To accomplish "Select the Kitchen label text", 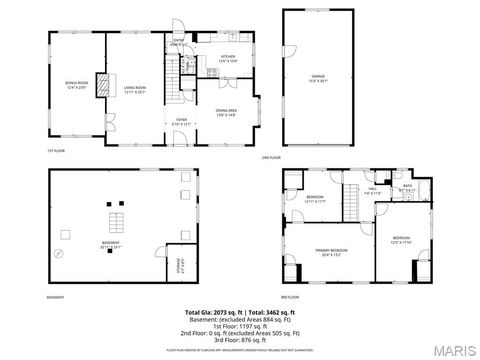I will [227, 58].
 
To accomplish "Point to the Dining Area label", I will [226, 113].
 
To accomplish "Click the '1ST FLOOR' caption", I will [53, 151].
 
